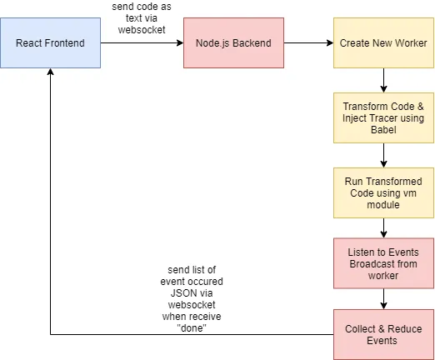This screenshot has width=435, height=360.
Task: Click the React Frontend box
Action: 50,42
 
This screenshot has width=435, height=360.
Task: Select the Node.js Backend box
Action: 233,42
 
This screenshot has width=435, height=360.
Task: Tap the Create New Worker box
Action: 383,42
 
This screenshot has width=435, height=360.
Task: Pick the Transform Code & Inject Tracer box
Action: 383,118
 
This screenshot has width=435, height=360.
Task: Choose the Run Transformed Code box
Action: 383,192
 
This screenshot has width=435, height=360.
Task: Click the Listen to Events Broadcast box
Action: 383,263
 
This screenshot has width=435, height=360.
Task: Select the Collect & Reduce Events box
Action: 383,335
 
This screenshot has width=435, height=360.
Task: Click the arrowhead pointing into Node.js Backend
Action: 180,42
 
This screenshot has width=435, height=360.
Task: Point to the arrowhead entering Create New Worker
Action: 330,42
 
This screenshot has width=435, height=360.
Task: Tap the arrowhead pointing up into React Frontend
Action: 50,72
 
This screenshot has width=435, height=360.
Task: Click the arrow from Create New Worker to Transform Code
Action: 383,81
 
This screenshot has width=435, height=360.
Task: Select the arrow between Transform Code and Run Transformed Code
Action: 383,156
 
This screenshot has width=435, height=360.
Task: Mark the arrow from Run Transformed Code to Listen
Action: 383,228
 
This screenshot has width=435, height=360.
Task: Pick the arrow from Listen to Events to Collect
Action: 383,299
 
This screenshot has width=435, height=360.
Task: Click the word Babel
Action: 383,130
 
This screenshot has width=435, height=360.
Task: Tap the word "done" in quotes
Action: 192,328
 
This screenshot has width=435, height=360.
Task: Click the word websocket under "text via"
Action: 142,30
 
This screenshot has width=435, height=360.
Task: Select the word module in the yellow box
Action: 383,205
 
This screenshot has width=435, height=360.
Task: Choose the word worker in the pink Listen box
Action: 383,276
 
